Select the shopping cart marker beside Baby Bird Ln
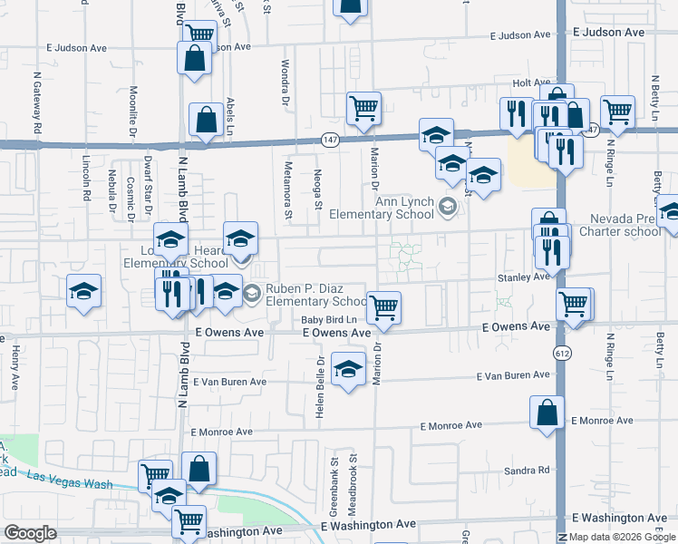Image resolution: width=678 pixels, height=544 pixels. tap(384, 308)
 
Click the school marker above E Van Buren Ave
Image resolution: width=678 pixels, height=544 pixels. tap(347, 370)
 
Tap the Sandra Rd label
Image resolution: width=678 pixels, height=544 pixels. tap(532, 470)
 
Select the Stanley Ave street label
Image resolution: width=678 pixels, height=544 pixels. tap(523, 277)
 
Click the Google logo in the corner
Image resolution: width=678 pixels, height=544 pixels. tap(29, 533)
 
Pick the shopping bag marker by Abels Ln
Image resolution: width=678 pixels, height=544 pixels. tap(207, 120)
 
